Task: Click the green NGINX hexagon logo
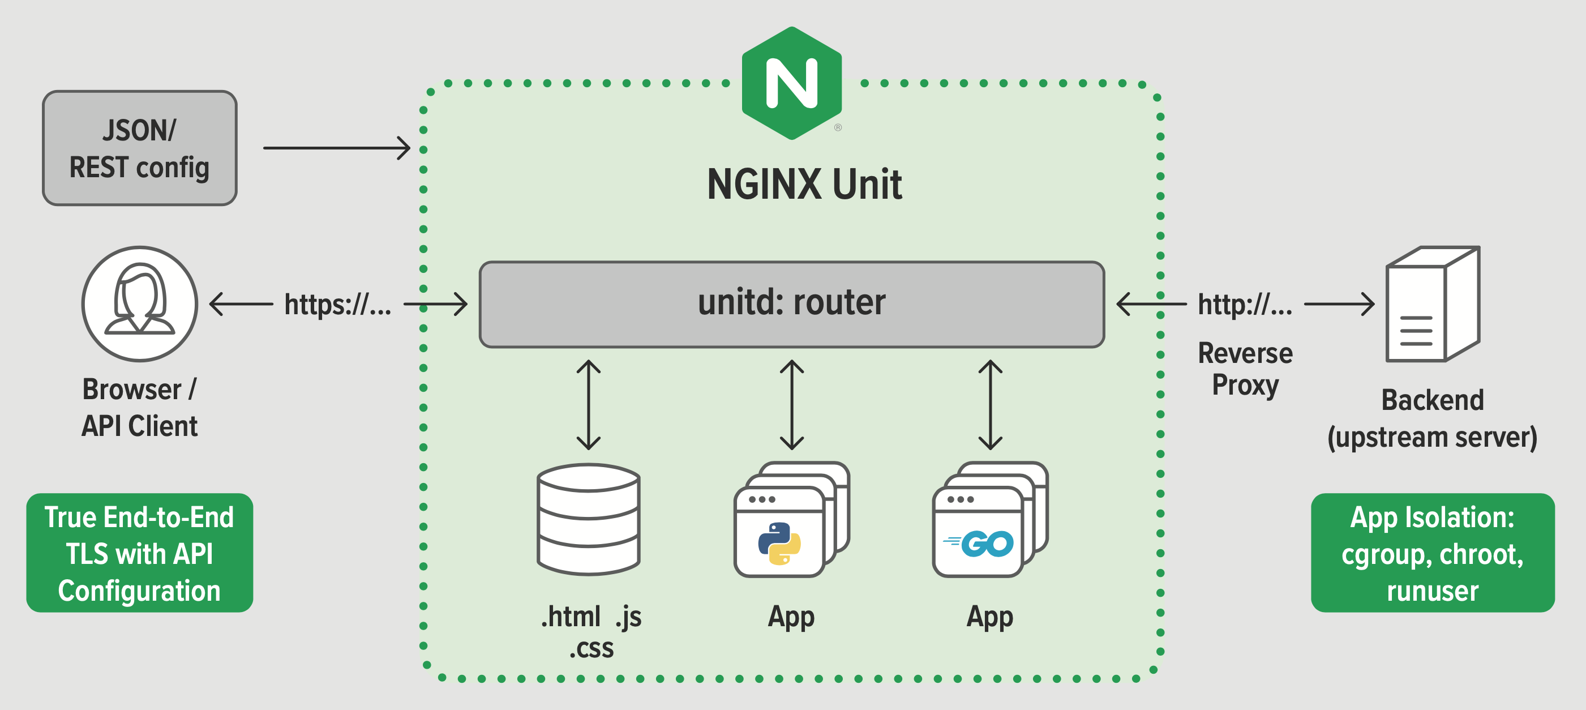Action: pos(792,83)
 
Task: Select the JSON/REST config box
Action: pos(140,148)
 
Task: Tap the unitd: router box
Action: pos(792,304)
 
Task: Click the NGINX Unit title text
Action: pos(804,184)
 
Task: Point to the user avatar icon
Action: pos(140,303)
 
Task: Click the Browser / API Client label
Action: pos(140,408)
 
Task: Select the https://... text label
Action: pos(337,304)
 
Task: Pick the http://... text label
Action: pos(1245,304)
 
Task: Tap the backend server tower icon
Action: pos(1432,304)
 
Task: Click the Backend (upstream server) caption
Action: pos(1432,419)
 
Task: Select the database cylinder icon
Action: pos(589,519)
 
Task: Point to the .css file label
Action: pos(591,648)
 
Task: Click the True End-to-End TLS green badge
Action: pos(140,553)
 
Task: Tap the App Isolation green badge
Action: pos(1432,553)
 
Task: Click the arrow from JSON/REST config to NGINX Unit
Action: pos(336,148)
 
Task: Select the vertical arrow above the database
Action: pos(589,405)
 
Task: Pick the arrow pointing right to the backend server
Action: pos(1339,304)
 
